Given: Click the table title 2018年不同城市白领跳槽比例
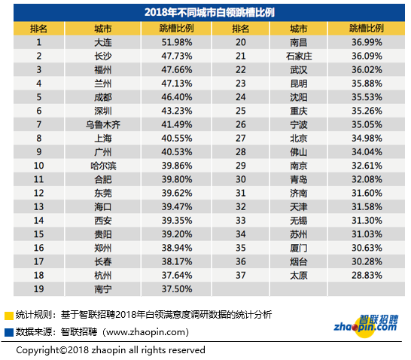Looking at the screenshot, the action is click(x=209, y=12).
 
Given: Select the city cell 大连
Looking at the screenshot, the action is click(x=103, y=42).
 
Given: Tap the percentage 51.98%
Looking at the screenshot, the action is click(x=177, y=42).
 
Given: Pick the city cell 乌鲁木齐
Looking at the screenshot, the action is click(x=103, y=124).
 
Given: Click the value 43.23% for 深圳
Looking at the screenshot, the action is click(x=177, y=111).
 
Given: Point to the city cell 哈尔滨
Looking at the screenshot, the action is click(x=103, y=166).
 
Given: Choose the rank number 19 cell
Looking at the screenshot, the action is click(x=38, y=289).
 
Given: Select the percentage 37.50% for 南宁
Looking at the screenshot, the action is click(x=177, y=289).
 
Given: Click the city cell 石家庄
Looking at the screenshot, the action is click(x=299, y=56).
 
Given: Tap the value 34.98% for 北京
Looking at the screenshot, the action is click(x=367, y=138).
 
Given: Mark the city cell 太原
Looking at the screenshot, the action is click(x=299, y=276).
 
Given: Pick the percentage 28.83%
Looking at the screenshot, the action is click(x=367, y=276).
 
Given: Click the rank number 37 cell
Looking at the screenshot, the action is click(x=240, y=276).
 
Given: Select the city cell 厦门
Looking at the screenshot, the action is click(x=299, y=248).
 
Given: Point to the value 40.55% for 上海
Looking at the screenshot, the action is click(x=177, y=138).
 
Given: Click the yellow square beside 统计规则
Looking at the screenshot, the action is click(x=9, y=316).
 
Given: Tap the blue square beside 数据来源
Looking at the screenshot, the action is click(x=9, y=332).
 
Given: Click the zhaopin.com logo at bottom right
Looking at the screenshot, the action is click(x=366, y=326).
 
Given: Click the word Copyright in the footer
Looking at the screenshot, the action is click(x=38, y=350).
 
